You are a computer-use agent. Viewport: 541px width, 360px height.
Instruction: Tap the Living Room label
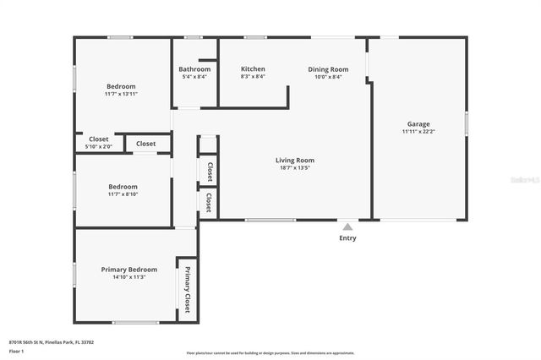(295, 160)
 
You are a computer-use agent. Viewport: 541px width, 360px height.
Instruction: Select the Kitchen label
(253, 68)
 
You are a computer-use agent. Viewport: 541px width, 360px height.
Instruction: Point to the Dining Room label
(327, 68)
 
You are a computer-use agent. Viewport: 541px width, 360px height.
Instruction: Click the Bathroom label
(194, 68)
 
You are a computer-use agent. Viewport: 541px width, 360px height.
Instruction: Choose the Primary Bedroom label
(129, 269)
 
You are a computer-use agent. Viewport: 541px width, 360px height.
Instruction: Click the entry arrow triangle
(347, 226)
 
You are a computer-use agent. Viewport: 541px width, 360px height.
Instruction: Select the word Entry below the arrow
(347, 238)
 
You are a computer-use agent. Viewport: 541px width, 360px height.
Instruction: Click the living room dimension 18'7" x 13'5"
(295, 167)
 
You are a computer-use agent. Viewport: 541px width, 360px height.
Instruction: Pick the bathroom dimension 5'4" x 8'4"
(194, 77)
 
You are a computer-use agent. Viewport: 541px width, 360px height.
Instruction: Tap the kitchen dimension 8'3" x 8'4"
(253, 77)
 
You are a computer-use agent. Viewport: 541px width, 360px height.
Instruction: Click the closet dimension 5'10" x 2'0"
(99, 147)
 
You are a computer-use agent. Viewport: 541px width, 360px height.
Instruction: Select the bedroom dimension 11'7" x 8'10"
(123, 194)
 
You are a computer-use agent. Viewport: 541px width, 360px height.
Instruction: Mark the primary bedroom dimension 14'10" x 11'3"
(129, 277)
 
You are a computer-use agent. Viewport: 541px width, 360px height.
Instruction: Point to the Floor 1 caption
(16, 351)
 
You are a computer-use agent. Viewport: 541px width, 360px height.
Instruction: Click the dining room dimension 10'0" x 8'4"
(327, 77)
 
